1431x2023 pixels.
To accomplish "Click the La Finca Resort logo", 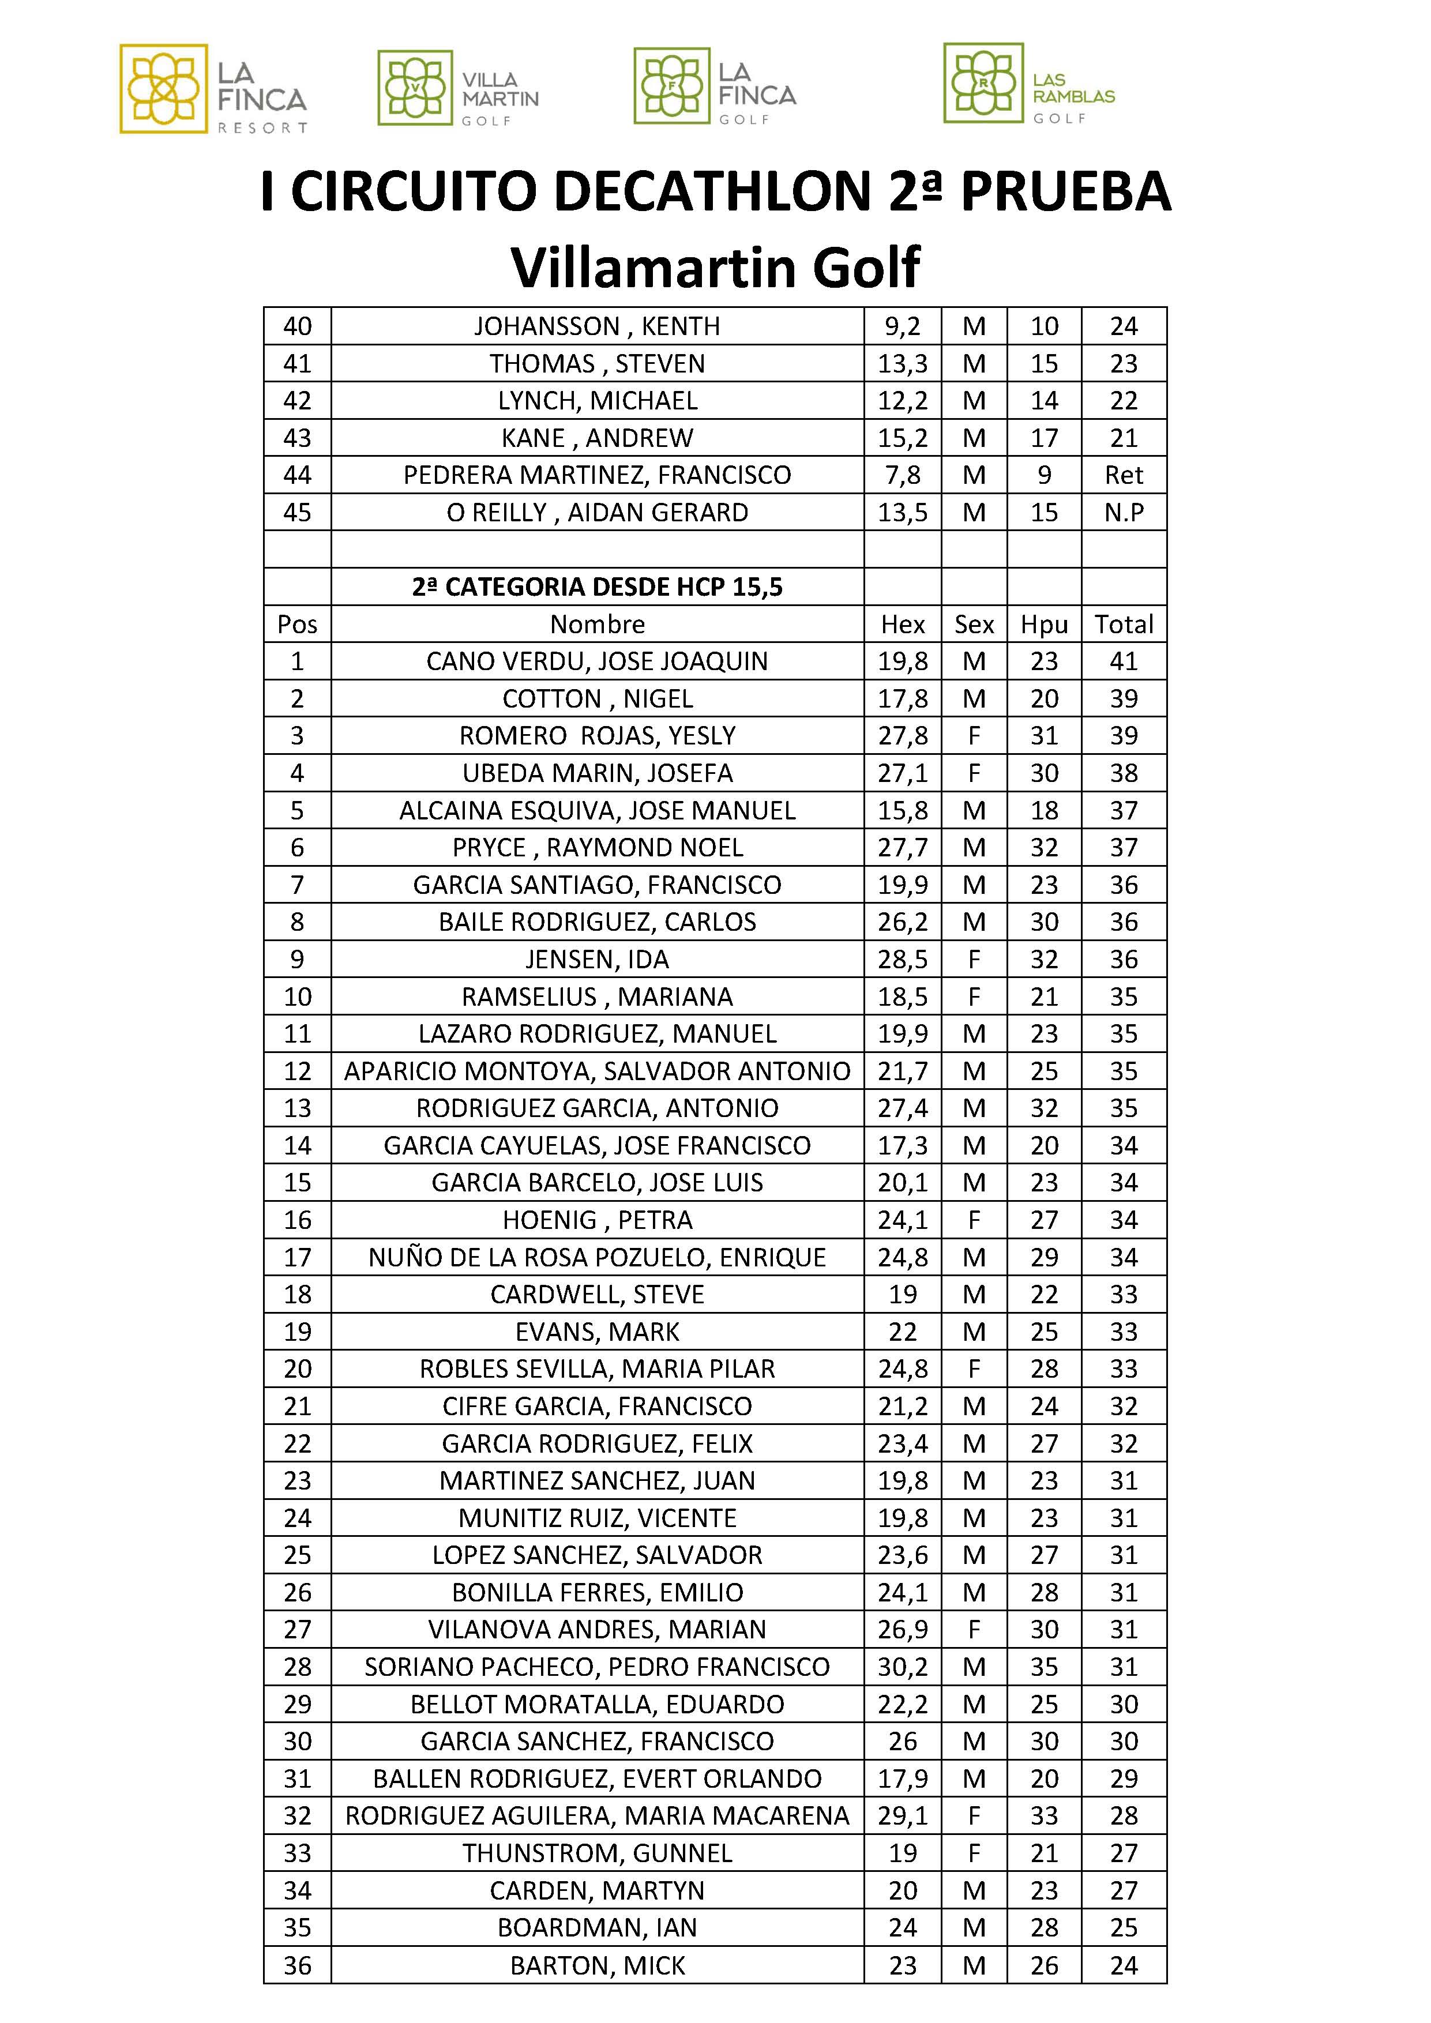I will (x=213, y=89).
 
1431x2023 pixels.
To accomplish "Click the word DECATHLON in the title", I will (x=715, y=192).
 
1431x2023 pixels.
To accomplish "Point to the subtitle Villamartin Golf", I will (x=715, y=267).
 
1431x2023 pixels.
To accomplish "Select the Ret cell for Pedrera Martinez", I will (x=1124, y=476).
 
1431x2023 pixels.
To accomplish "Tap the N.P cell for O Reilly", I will (x=1124, y=513).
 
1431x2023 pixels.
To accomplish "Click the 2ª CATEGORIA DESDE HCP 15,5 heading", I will (x=596, y=588).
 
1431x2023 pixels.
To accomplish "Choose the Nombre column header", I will (x=596, y=625).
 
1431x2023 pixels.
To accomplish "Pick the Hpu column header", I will (x=1044, y=625).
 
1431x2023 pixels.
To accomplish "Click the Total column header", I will (x=1124, y=625).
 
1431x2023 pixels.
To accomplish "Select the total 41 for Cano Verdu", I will (x=1124, y=661).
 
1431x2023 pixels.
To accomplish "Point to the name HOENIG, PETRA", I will (x=596, y=1220).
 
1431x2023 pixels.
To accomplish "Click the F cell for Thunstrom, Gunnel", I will (x=974, y=1853).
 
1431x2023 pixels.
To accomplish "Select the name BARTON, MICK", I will (x=596, y=1965).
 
